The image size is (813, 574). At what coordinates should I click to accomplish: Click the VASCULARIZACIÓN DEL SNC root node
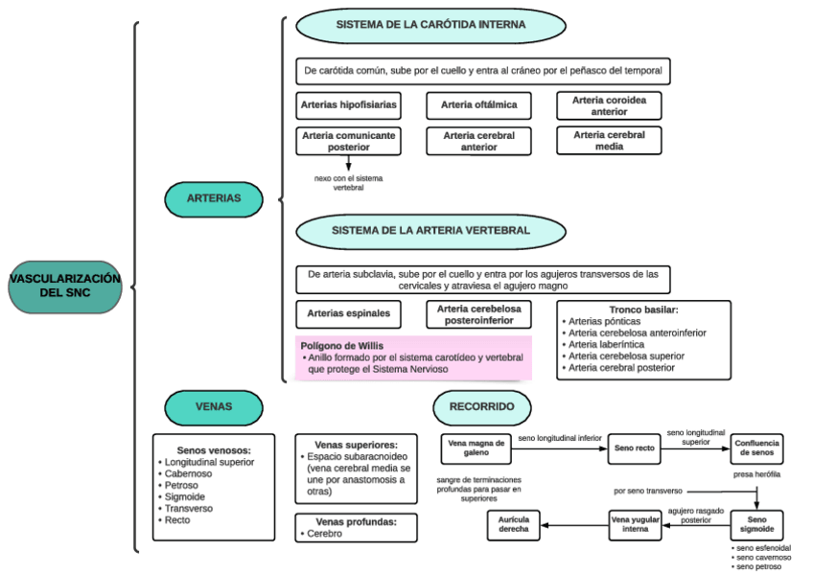click(x=65, y=286)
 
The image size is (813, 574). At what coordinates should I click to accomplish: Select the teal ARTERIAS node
click(x=213, y=198)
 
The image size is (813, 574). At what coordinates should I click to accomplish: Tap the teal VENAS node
click(x=213, y=406)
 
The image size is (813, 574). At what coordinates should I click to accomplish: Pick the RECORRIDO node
click(x=481, y=406)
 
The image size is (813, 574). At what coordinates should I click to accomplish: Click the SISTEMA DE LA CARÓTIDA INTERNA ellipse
click(x=430, y=25)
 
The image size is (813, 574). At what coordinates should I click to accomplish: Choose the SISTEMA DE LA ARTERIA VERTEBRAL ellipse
click(x=430, y=231)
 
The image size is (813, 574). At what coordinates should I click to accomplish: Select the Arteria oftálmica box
click(x=478, y=103)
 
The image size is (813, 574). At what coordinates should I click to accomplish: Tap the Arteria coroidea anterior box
click(x=609, y=105)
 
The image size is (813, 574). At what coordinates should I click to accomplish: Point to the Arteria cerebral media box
click(x=609, y=141)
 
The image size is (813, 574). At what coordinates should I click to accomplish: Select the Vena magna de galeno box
click(x=476, y=448)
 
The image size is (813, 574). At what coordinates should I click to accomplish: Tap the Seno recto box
click(x=634, y=448)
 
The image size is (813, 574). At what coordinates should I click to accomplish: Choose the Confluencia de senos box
click(x=756, y=448)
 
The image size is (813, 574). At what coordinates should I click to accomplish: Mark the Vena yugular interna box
click(x=636, y=523)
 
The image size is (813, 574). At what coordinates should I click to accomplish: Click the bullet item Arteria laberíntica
click(x=607, y=344)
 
